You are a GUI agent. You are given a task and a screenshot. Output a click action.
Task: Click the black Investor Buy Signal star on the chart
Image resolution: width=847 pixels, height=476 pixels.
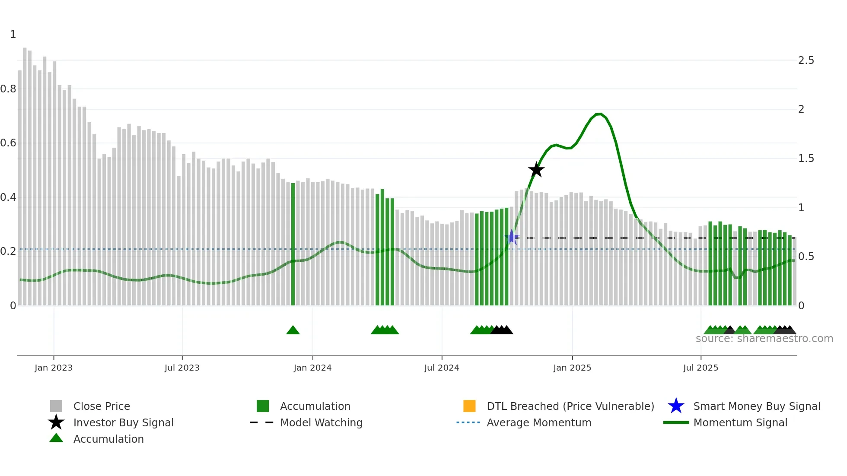click(x=536, y=170)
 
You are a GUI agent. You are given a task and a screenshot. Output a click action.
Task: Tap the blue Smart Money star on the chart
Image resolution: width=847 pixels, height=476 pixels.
click(x=512, y=237)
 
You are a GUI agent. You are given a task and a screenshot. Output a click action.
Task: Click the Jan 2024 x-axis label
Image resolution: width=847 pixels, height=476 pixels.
click(x=312, y=368)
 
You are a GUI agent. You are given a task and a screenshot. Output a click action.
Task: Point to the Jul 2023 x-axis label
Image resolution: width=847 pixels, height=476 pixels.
click(x=182, y=368)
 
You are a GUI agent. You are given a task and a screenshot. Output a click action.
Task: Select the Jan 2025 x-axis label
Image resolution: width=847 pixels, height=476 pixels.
click(x=572, y=368)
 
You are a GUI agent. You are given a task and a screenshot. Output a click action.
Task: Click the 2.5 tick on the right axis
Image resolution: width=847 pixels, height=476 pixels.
click(x=806, y=60)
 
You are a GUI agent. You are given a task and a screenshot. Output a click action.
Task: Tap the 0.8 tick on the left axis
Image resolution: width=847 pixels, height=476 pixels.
click(x=8, y=89)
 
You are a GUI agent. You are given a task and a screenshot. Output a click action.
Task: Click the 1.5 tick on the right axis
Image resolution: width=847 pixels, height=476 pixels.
click(x=806, y=159)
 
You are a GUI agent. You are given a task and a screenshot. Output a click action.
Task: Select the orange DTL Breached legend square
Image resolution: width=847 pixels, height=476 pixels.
click(x=469, y=406)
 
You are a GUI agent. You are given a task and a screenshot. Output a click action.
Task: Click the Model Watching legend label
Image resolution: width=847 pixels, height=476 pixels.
click(x=321, y=422)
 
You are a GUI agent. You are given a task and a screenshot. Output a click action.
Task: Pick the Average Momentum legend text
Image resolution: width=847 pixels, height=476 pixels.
click(x=539, y=422)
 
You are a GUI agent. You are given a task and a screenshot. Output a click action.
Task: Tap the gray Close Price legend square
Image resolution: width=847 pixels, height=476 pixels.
click(x=56, y=406)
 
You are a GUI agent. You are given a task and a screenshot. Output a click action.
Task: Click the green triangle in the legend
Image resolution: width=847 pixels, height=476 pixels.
click(x=56, y=438)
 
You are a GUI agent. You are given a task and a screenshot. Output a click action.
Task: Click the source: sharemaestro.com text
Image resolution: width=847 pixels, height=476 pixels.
click(x=764, y=339)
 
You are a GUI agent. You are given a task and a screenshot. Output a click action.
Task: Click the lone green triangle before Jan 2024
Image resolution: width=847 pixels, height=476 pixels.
click(x=293, y=330)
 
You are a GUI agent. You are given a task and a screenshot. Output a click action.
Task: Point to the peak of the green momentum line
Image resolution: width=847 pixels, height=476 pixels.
click(x=599, y=114)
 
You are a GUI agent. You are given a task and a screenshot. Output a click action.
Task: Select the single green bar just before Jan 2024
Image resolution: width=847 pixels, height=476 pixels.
click(x=293, y=244)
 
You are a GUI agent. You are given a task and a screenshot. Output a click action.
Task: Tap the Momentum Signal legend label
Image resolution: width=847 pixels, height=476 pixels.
click(x=740, y=422)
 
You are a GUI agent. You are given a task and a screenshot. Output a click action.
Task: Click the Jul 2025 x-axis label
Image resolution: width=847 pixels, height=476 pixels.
click(x=701, y=368)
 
